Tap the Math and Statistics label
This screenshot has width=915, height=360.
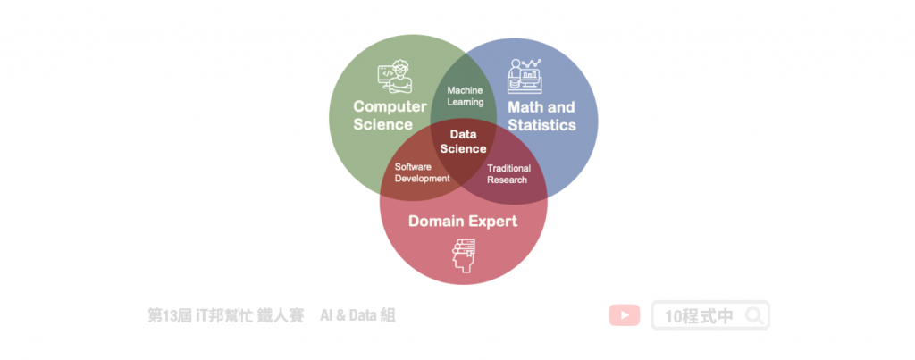[x=541, y=116]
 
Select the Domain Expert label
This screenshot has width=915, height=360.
[x=463, y=221]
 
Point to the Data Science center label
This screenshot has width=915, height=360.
[x=463, y=141]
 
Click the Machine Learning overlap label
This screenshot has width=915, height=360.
[x=465, y=96]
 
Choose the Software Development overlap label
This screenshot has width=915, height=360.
[x=423, y=172]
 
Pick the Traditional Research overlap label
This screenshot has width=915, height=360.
[x=508, y=173]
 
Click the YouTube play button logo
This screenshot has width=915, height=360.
[x=624, y=315]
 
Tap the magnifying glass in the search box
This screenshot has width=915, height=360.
[x=755, y=315]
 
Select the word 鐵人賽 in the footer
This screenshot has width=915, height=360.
[x=281, y=315]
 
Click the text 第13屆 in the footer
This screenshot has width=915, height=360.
[x=168, y=315]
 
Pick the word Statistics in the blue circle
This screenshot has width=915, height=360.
[x=541, y=125]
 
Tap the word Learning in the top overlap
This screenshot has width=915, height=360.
[x=465, y=102]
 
